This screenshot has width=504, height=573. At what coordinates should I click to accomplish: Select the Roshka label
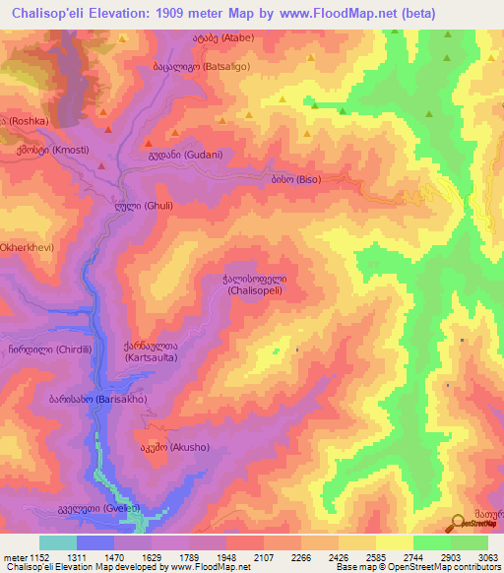pos(23,120)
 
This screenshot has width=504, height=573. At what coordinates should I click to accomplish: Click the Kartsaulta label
pos(152,351)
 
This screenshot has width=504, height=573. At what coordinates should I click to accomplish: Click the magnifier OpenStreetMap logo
pos(458,523)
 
